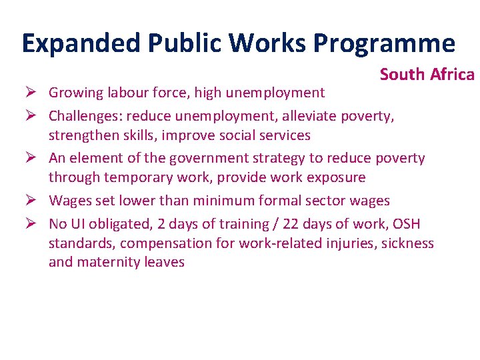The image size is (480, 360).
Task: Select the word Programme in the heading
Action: [x=384, y=43]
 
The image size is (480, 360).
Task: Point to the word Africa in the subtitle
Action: [x=452, y=74]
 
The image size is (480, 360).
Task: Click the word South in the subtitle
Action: [x=403, y=74]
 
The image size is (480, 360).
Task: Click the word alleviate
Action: [x=309, y=117]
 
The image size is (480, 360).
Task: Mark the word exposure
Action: [x=333, y=177]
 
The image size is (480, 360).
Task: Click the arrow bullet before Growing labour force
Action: [x=29, y=93]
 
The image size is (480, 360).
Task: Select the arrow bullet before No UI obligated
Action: [x=29, y=223]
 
